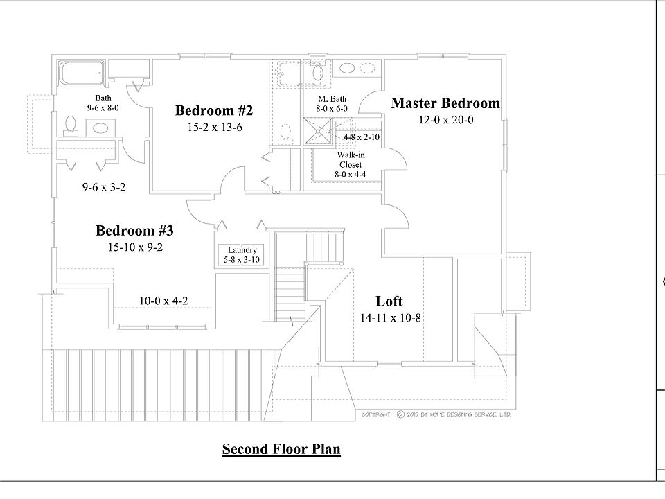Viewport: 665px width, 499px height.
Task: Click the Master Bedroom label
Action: click(445, 104)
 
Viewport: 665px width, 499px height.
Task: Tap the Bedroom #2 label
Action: click(214, 111)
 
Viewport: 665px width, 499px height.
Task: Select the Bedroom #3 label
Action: click(134, 231)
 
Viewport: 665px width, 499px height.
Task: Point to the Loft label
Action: click(389, 301)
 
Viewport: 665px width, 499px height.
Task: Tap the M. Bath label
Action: click(332, 100)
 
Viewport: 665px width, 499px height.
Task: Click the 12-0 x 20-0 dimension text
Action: click(445, 120)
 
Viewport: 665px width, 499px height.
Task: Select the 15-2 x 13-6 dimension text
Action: click(214, 128)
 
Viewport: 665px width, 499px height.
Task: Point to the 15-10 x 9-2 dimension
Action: click(134, 247)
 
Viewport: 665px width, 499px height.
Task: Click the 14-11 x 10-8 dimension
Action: click(391, 318)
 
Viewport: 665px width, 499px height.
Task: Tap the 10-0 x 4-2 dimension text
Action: click(163, 301)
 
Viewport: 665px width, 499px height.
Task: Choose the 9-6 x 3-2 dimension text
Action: click(103, 187)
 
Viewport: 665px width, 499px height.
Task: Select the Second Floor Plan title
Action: click(281, 450)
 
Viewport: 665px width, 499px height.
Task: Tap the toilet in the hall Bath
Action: click(69, 124)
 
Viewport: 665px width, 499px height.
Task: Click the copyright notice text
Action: click(436, 414)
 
